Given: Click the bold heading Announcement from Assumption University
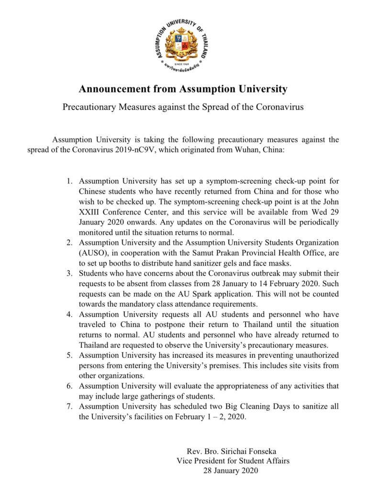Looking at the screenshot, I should coord(183,89).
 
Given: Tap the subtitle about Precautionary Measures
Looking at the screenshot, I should coord(183,106).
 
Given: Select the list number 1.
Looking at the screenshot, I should coord(69,181).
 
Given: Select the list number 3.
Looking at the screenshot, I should coord(69,273).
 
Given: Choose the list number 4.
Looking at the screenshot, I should coord(69,314).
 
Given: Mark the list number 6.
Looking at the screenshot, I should coord(69,386).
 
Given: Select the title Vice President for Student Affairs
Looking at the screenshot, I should coord(233,461).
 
